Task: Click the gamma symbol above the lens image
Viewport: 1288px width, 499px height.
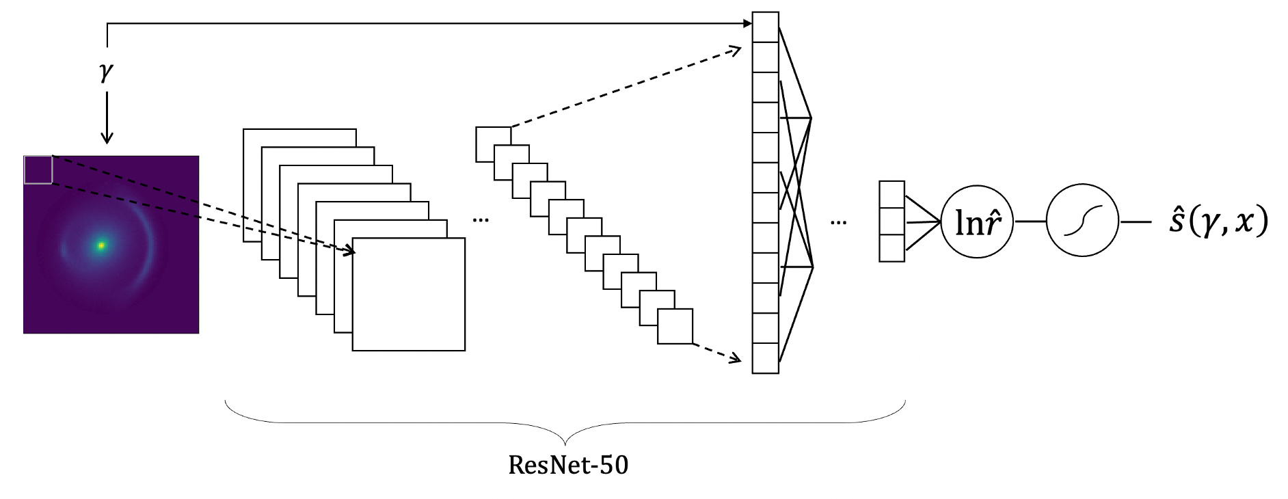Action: [x=106, y=71]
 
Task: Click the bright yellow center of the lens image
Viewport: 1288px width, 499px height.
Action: [x=101, y=245]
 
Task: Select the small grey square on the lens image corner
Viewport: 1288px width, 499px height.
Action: [x=38, y=170]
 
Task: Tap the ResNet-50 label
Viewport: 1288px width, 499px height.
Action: [x=568, y=466]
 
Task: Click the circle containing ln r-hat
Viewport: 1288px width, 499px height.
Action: [x=977, y=221]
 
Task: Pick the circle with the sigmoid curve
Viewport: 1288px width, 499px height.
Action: [x=1082, y=221]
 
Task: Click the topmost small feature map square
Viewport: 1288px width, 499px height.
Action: [x=492, y=135]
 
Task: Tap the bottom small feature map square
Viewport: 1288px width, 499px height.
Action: [x=675, y=326]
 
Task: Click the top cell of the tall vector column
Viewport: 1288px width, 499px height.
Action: [x=765, y=27]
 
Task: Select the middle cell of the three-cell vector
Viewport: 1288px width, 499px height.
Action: [x=891, y=221]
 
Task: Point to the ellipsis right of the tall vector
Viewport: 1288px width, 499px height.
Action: [x=838, y=222]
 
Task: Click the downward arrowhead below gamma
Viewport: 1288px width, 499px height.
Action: [x=106, y=138]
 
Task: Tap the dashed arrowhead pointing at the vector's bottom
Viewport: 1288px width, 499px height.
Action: [x=736, y=358]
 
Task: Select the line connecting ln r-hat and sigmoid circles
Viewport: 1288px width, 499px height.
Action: [x=1030, y=221]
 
